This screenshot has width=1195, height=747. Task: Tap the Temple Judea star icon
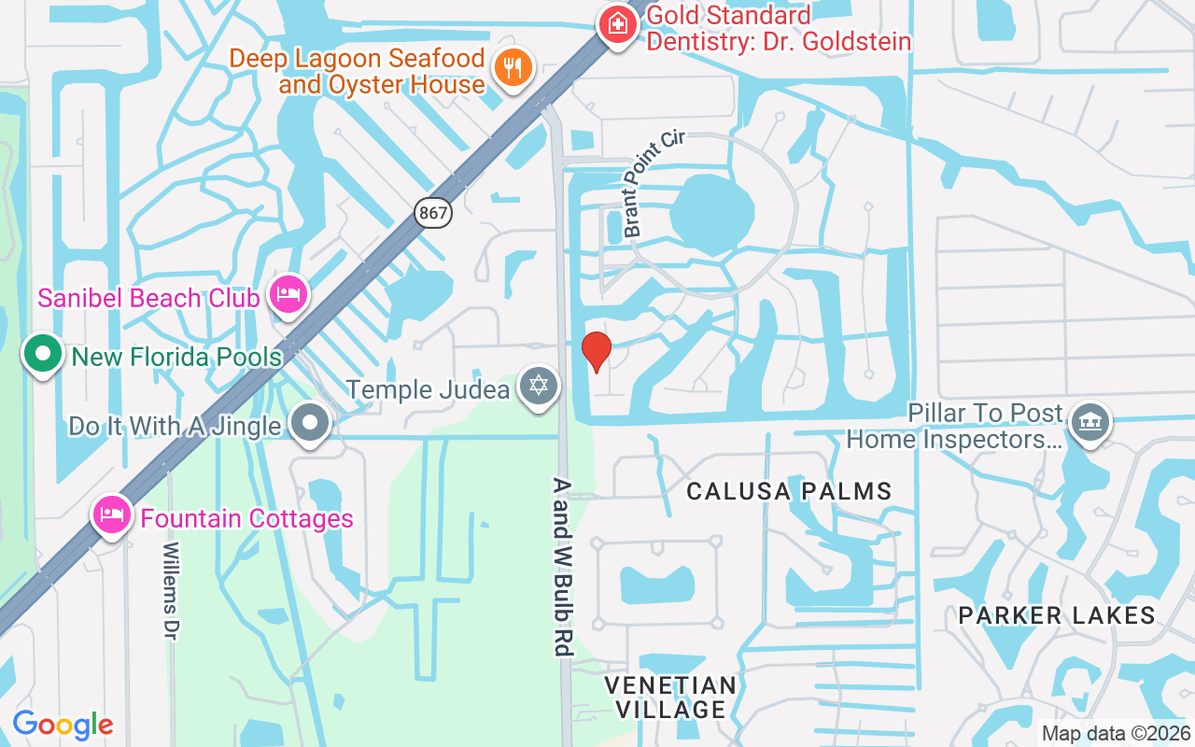[539, 386]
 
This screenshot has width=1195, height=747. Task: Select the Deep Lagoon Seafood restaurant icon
[513, 68]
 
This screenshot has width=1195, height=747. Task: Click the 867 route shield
[434, 213]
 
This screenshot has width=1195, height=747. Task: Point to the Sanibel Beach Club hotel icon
[288, 296]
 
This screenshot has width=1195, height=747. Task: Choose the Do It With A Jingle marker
[311, 424]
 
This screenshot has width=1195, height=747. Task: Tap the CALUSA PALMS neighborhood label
[789, 491]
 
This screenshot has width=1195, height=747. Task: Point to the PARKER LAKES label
[1057, 615]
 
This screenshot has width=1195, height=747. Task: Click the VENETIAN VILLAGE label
[670, 698]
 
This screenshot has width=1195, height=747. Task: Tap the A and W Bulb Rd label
[561, 567]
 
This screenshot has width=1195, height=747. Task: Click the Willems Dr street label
[170, 591]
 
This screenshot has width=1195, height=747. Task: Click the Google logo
[63, 725]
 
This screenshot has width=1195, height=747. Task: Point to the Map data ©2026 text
[1117, 734]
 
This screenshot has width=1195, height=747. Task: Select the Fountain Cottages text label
[246, 518]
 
